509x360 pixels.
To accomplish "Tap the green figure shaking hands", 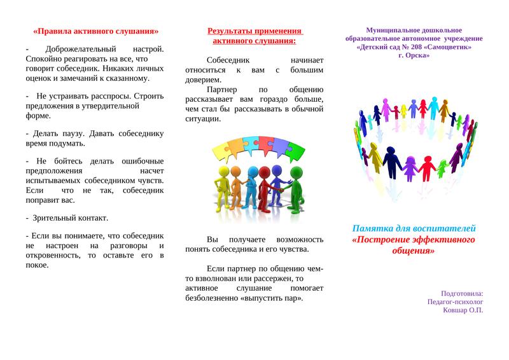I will (x=295, y=189).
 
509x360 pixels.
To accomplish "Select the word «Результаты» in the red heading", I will (x=232, y=31).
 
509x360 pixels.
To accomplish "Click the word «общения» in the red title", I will (x=415, y=251).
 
